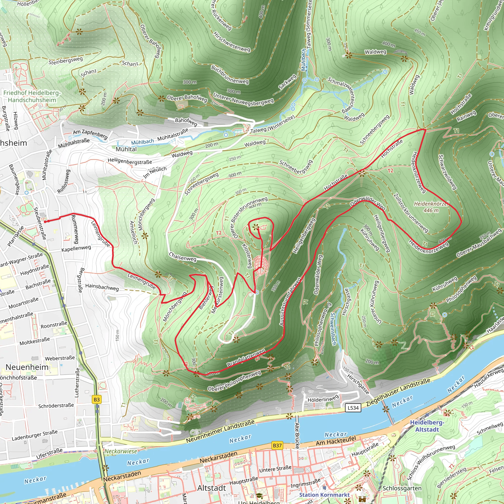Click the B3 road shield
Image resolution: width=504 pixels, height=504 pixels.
pyautogui.click(x=96, y=399)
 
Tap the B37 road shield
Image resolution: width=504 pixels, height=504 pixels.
pyautogui.click(x=277, y=445)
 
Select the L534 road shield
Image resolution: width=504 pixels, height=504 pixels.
pyautogui.click(x=353, y=408)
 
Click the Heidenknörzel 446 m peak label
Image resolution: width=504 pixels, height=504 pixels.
pyautogui.click(x=431, y=207)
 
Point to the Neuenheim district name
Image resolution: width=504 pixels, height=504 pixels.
pyautogui.click(x=27, y=367)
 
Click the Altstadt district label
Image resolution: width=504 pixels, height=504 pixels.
pyautogui.click(x=212, y=488)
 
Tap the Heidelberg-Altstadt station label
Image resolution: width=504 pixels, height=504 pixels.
pyautogui.click(x=427, y=426)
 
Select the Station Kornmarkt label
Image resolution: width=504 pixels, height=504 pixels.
pyautogui.click(x=324, y=495)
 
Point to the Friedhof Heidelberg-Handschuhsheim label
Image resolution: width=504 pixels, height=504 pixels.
pyautogui.click(x=32, y=96)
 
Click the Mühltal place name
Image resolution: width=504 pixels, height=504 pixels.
pyautogui.click(x=126, y=149)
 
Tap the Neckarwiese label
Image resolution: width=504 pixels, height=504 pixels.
pyautogui.click(x=121, y=451)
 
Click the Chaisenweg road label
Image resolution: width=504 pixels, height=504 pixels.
pyautogui.click(x=182, y=257)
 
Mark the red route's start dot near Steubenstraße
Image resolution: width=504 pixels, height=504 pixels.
pyautogui.click(x=45, y=222)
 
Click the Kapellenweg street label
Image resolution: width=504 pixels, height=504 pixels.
pyautogui.click(x=76, y=248)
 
